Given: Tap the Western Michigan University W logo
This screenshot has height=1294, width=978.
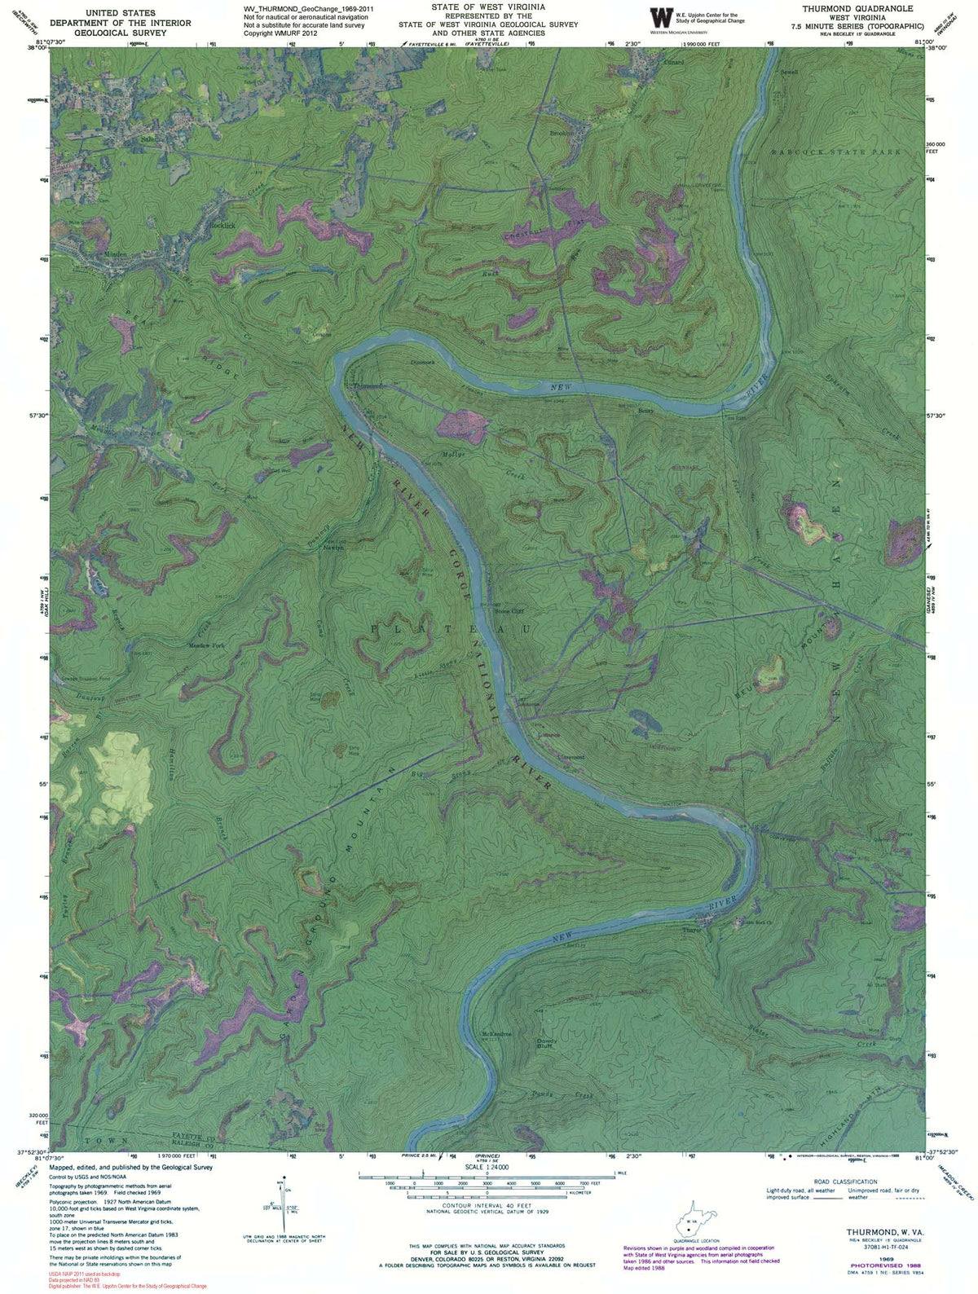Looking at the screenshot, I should (x=657, y=17).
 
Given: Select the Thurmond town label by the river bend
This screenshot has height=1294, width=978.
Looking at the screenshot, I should (x=368, y=386).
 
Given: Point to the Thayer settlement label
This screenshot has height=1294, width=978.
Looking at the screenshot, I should (x=691, y=929).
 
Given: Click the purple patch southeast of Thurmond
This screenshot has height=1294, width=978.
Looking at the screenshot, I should (x=462, y=425).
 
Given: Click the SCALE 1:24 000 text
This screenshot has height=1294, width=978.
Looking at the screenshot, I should (x=486, y=1167).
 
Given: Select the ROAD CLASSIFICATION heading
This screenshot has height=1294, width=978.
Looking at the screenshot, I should (x=845, y=1182).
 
